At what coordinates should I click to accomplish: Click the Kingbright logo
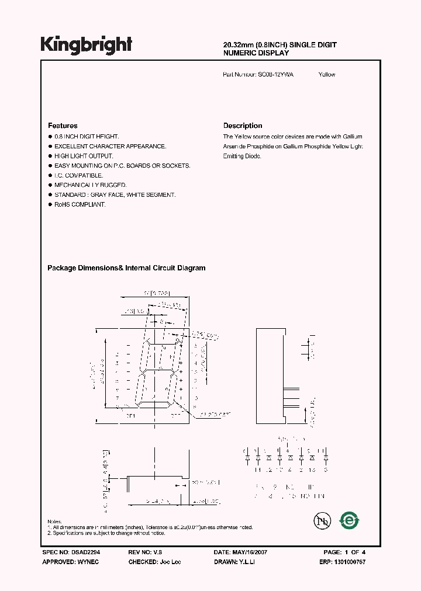[86, 44]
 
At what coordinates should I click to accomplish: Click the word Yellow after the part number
[327, 75]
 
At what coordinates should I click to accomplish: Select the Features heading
[63, 126]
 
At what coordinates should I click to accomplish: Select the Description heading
[243, 126]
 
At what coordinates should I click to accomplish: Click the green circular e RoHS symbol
[350, 520]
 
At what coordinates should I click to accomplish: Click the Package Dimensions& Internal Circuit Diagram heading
[126, 268]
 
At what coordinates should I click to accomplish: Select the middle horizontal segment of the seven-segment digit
[160, 371]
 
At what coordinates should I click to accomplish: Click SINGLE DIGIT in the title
[312, 45]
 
